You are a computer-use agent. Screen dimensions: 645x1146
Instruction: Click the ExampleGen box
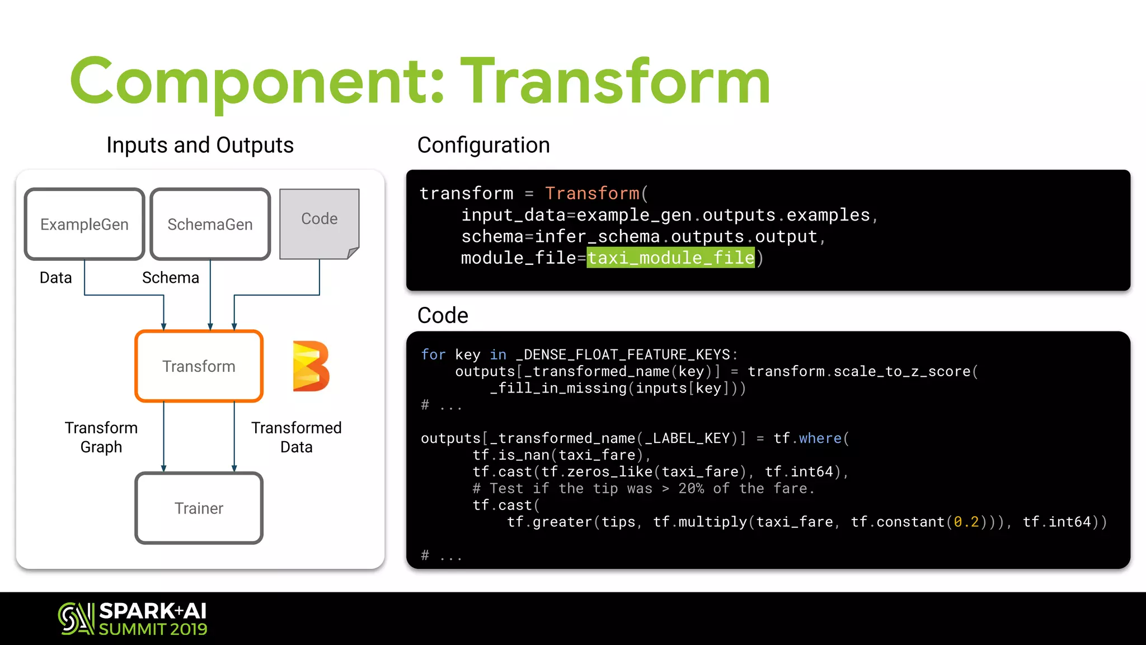pos(84,224)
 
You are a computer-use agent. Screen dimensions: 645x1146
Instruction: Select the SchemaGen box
pos(210,224)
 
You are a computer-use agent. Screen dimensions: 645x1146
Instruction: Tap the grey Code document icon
pos(319,223)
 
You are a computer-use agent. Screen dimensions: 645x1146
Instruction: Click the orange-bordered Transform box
pos(199,366)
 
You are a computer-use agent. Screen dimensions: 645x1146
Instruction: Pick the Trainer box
pos(199,508)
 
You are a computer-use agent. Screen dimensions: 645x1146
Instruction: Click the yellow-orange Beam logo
pos(311,366)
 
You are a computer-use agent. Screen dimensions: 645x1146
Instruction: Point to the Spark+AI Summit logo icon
pos(76,618)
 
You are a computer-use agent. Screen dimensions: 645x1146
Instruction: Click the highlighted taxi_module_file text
pos(670,258)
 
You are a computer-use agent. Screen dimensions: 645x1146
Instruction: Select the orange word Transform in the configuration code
pos(592,193)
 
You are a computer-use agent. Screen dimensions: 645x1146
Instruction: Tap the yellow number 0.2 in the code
pos(966,522)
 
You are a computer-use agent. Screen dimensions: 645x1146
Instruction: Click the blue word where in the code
pos(820,438)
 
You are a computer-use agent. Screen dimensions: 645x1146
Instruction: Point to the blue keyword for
pos(433,354)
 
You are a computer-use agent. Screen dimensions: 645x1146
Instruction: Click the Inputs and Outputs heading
pos(200,145)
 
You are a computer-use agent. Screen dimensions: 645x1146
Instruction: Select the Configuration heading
pos(483,145)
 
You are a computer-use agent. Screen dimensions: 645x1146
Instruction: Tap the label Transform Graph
pos(101,437)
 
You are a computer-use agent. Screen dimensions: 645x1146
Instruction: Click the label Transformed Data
pos(296,437)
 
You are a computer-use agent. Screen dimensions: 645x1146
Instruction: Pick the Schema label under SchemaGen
pos(170,278)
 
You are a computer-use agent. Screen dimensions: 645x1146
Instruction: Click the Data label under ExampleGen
pos(55,278)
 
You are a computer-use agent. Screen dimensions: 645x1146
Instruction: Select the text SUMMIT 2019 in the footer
pos(153,629)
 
